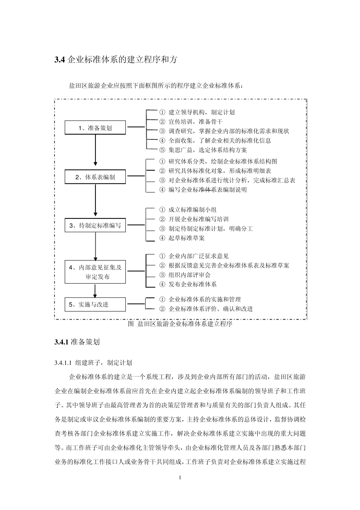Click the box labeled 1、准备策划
(95, 128)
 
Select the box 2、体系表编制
(95, 177)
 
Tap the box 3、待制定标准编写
(95, 225)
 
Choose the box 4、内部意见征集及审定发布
(95, 272)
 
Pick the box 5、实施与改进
(95, 304)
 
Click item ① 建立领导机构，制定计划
(197, 112)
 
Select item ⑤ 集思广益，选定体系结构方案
(203, 150)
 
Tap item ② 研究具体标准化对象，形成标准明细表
(215, 171)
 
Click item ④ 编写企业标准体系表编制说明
(203, 190)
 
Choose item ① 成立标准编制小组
(188, 210)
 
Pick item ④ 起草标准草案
(182, 238)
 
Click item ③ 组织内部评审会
(185, 275)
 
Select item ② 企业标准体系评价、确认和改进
(206, 309)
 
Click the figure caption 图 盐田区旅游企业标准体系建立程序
(180, 324)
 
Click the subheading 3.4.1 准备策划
(77, 342)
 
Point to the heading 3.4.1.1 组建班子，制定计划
(93, 363)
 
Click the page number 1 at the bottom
(180, 477)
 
